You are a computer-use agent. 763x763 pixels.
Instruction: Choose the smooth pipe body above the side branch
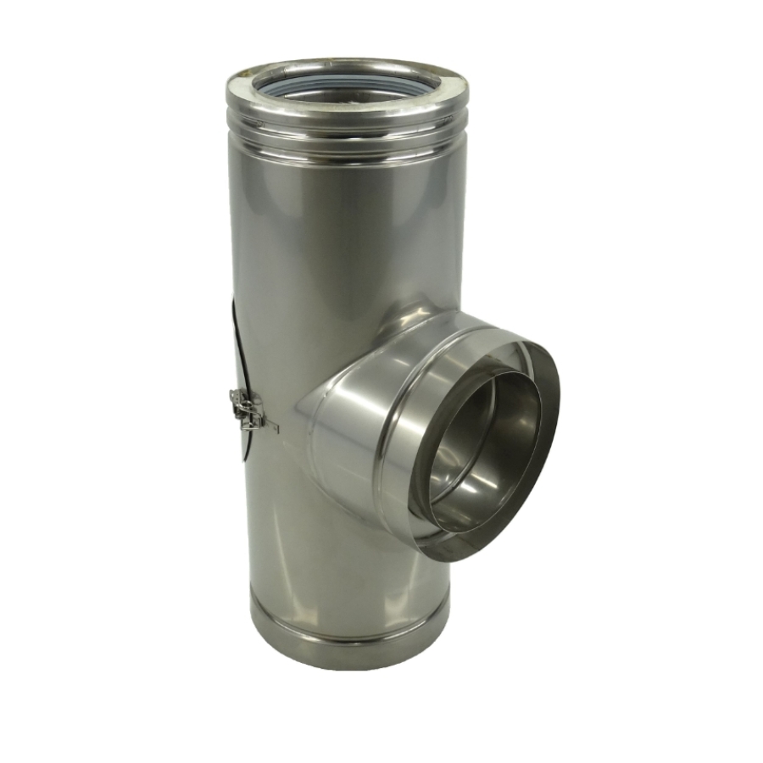(x=348, y=237)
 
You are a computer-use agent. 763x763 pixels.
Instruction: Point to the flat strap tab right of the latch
(x=270, y=424)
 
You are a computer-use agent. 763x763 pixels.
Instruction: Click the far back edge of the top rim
(x=348, y=61)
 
